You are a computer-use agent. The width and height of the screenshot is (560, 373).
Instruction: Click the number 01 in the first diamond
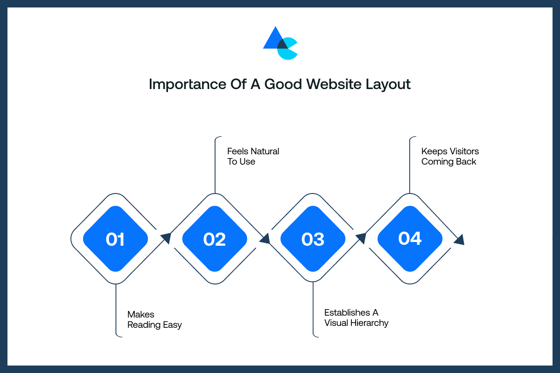coord(115,239)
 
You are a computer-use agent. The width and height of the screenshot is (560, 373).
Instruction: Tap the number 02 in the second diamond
coord(215,239)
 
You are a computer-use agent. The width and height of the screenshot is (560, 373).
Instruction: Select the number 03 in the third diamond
coord(313,239)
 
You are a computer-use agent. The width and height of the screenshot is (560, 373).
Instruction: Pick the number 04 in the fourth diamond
coord(410,238)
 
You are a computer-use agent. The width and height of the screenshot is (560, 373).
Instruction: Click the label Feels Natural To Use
coord(253,156)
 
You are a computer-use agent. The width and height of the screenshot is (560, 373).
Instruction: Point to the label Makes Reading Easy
coord(154,319)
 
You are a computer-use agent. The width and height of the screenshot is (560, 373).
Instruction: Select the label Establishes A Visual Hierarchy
coord(356,318)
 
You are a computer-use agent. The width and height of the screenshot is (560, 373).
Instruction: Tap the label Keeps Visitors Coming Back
coord(449,156)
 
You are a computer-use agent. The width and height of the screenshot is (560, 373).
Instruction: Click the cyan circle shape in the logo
coord(288,50)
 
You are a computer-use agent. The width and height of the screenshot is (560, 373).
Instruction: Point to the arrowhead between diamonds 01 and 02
coord(166,238)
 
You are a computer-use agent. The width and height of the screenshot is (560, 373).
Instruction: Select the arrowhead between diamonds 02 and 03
coord(265,239)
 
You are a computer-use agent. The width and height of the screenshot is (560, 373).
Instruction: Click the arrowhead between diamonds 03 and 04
coord(360,239)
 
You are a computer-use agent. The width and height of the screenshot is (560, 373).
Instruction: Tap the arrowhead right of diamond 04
coord(459,239)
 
